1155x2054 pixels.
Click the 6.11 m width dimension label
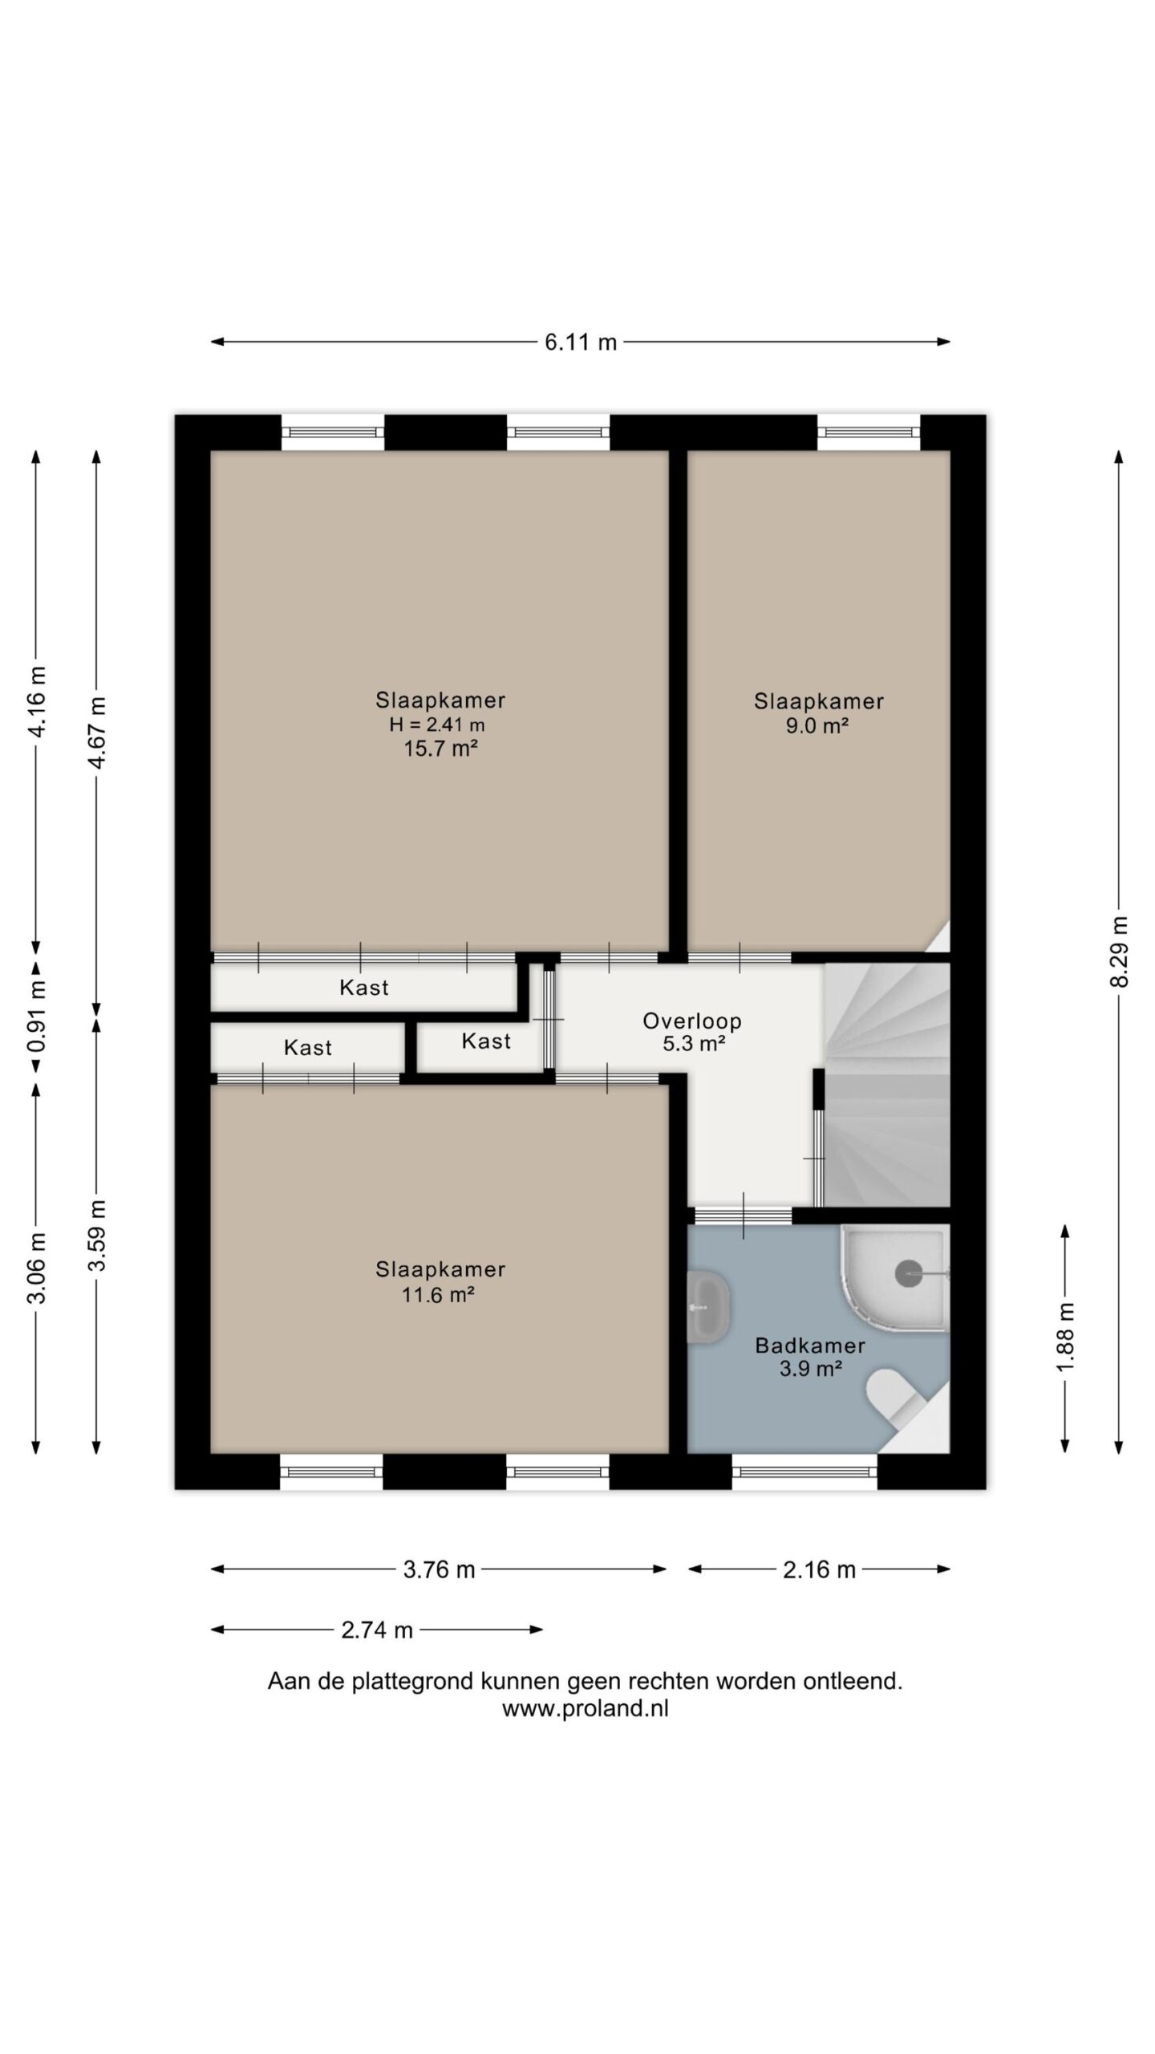[581, 343]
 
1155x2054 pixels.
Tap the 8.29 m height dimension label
[1120, 952]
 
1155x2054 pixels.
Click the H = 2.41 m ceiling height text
[437, 725]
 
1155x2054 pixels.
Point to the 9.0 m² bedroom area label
[818, 725]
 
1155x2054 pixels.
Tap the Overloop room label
[692, 1021]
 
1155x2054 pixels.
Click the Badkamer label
[810, 1346]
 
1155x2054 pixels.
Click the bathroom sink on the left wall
[709, 1307]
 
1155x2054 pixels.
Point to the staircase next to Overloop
[886, 1085]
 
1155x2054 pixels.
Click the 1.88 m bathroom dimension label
[1065, 1338]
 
